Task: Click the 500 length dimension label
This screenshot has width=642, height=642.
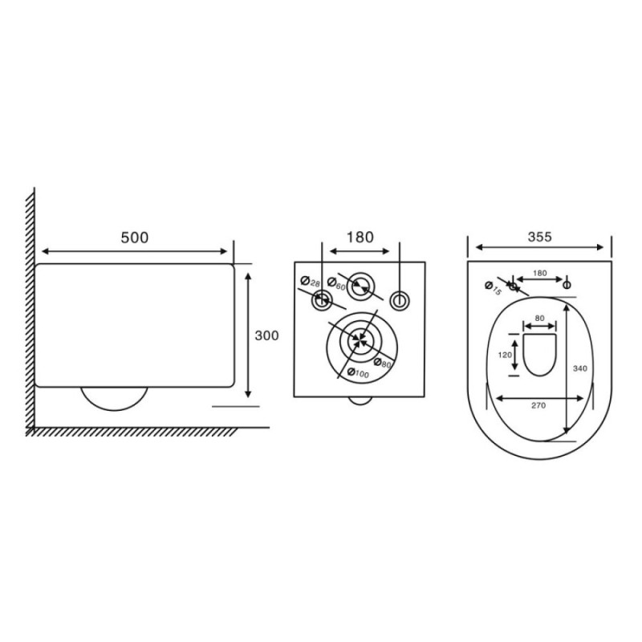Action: (x=134, y=238)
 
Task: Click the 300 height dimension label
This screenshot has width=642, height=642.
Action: (x=266, y=335)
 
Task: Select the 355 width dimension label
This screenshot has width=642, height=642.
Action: (x=539, y=237)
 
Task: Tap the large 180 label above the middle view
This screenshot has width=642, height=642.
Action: (x=360, y=237)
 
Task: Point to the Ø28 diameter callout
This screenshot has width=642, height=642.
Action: (x=310, y=282)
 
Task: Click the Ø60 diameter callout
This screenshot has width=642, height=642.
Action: (x=336, y=284)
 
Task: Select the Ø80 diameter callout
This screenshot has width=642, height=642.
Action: (x=383, y=363)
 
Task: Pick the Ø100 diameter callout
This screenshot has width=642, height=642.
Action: (x=358, y=373)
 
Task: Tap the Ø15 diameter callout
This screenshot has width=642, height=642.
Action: (x=493, y=288)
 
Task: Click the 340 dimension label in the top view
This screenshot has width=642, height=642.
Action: (x=579, y=368)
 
